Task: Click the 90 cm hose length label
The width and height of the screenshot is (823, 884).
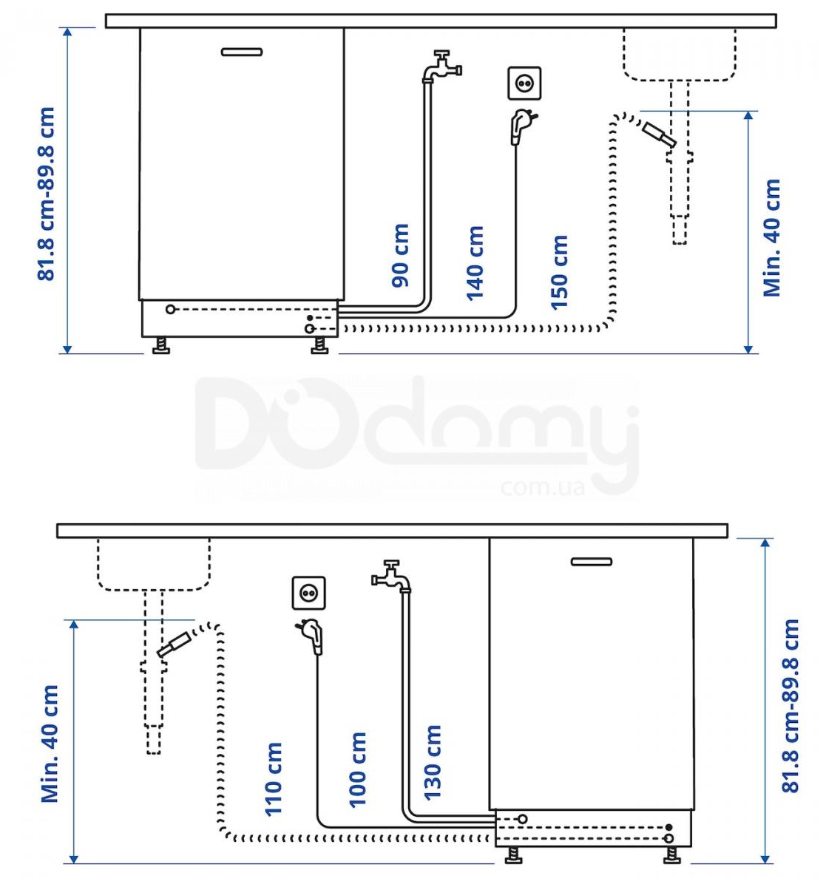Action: [x=400, y=256]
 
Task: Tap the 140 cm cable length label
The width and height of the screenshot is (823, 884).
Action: [x=475, y=262]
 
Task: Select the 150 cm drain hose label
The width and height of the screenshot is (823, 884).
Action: [x=559, y=272]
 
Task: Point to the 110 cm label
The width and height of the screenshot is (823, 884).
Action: [x=274, y=778]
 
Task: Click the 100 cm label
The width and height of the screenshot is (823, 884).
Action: [x=358, y=769]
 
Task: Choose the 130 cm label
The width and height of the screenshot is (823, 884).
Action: [x=432, y=762]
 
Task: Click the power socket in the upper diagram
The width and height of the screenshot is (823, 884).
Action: [x=524, y=84]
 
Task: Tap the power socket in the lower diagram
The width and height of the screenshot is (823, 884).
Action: [x=308, y=593]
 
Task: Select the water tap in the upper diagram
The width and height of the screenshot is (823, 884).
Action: [x=442, y=67]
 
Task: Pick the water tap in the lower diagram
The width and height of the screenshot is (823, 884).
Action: [x=391, y=577]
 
